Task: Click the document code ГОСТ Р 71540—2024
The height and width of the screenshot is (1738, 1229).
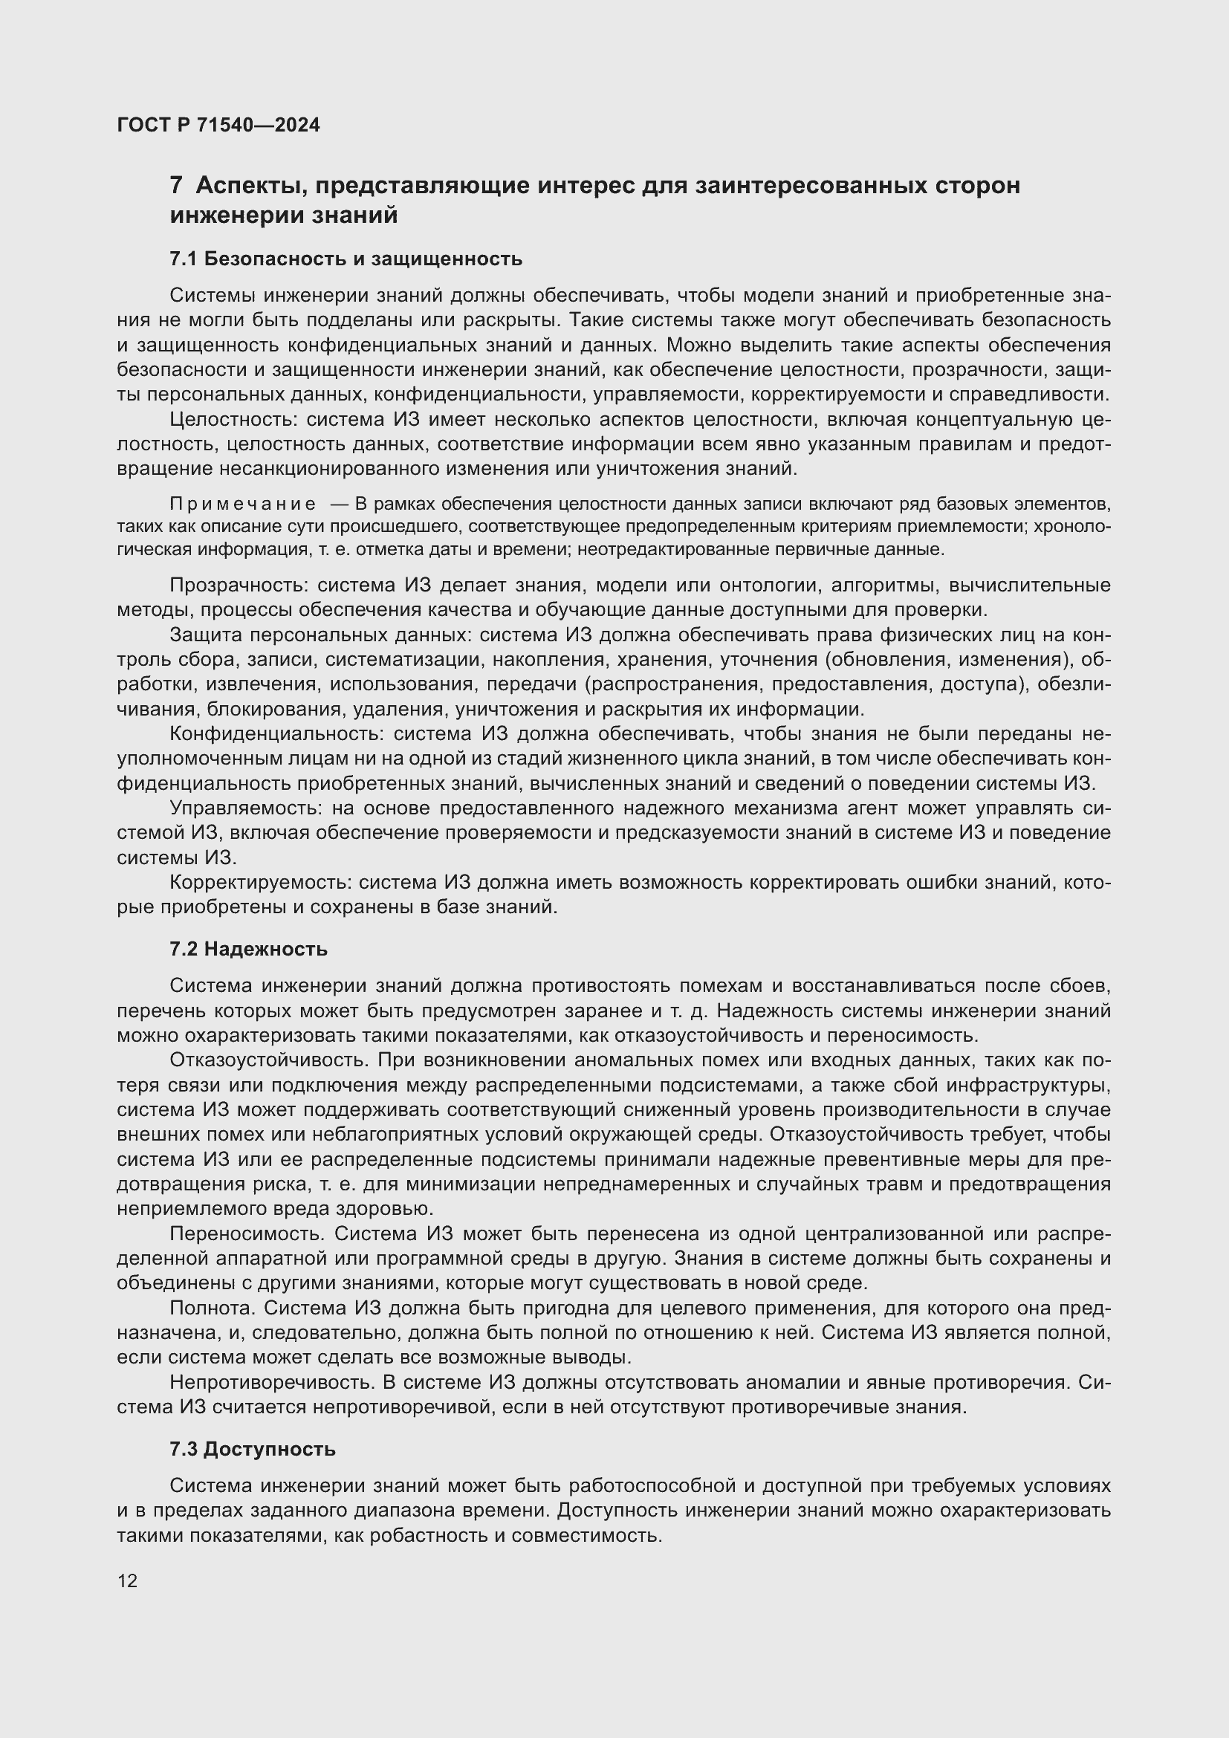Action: click(218, 125)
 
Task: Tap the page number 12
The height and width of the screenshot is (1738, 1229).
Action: click(128, 1580)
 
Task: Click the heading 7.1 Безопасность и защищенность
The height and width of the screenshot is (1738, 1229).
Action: click(346, 259)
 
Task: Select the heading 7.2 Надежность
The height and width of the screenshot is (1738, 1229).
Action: click(248, 949)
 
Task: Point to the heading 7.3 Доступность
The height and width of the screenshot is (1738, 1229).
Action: click(253, 1450)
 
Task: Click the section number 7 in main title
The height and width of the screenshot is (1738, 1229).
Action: click(175, 186)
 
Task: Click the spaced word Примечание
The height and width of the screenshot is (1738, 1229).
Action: click(243, 504)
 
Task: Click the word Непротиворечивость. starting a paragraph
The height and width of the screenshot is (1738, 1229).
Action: click(272, 1382)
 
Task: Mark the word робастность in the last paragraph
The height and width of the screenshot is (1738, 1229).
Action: click(438, 1536)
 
